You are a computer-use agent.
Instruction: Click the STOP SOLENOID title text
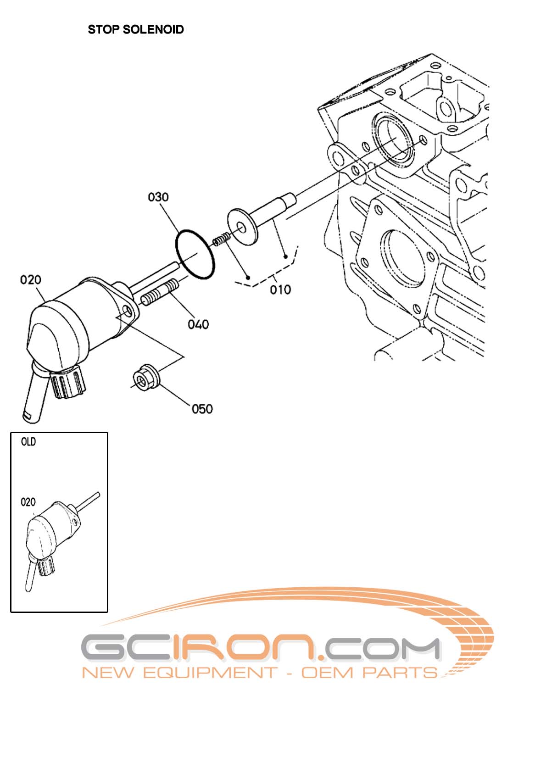[136, 29]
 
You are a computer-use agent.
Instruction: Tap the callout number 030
[158, 197]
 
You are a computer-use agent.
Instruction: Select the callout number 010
[280, 289]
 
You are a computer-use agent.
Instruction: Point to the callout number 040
[198, 324]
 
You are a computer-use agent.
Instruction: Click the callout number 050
[202, 409]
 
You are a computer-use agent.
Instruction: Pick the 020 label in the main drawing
[31, 279]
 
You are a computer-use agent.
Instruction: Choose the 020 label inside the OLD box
[28, 502]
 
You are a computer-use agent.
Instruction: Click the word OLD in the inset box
[28, 442]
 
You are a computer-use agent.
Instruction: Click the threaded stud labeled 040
[158, 294]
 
